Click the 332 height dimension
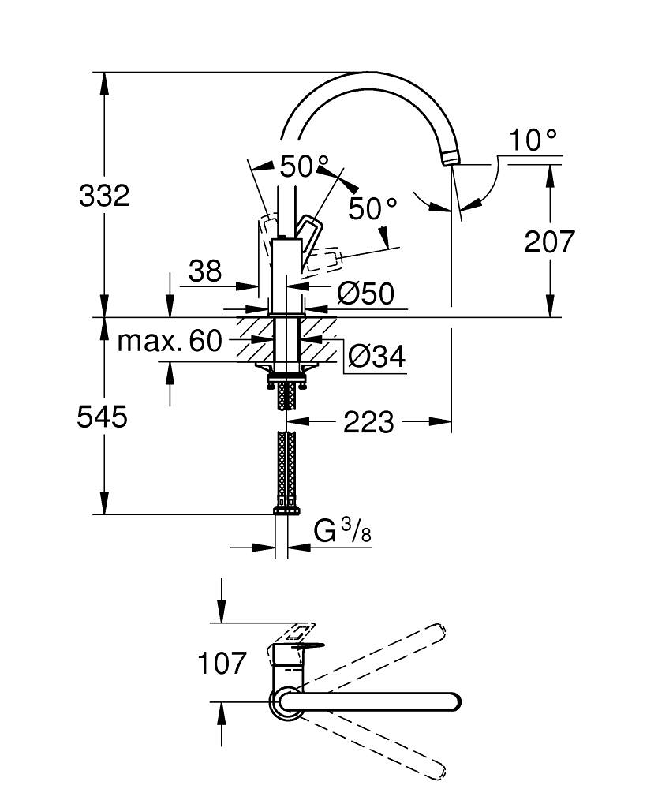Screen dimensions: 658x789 (103, 195)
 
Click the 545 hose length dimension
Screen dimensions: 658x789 (102, 416)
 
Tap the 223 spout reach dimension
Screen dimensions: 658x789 (368, 422)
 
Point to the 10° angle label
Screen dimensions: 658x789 (533, 140)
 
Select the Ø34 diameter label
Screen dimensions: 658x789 (376, 357)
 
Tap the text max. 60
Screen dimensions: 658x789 (170, 341)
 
